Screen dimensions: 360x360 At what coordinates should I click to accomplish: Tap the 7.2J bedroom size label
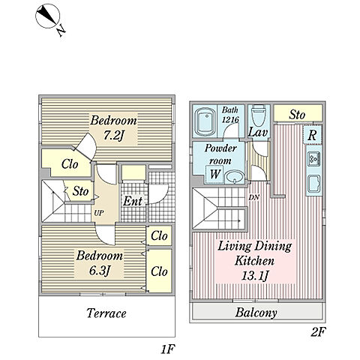click(x=113, y=136)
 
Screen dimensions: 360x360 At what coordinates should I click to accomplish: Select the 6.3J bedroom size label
click(x=100, y=271)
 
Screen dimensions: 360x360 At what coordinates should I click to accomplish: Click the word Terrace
click(x=106, y=313)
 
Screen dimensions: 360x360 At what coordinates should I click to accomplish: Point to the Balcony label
click(x=256, y=313)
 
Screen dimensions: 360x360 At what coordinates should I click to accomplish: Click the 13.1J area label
click(x=255, y=275)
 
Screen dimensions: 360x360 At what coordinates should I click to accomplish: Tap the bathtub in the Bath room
click(x=206, y=121)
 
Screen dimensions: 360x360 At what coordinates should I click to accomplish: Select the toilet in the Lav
click(x=259, y=115)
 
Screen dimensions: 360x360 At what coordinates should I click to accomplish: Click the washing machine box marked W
click(x=215, y=174)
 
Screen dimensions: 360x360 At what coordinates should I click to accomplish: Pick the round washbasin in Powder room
click(x=235, y=177)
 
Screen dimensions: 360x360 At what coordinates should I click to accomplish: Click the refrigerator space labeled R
click(x=312, y=135)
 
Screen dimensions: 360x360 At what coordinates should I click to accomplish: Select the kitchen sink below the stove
click(x=313, y=184)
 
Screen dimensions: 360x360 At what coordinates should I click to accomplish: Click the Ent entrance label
click(x=133, y=201)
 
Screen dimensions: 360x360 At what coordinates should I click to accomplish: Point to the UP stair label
click(x=99, y=213)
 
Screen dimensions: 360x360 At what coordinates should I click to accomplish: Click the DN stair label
click(x=254, y=197)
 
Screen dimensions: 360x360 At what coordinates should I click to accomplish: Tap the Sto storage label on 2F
click(x=297, y=115)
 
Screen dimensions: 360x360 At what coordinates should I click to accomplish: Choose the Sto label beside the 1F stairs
click(x=80, y=191)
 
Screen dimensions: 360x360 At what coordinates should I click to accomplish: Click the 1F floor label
click(x=167, y=349)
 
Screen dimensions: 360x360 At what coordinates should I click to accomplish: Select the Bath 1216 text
click(x=230, y=115)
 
